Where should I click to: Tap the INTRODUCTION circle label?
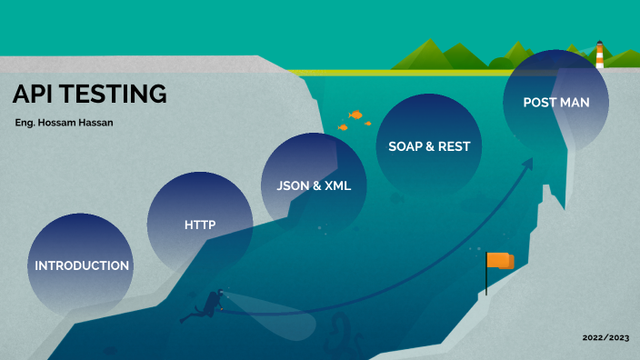coord(82,265)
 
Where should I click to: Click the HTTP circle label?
coord(199,224)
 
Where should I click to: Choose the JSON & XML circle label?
coord(314,185)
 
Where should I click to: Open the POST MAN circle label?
coord(555,102)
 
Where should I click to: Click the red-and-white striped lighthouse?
coord(599,54)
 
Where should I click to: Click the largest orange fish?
coord(356,115)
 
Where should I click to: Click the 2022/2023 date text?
coord(605,337)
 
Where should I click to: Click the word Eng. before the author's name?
coord(26,122)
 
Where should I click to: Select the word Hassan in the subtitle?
coord(101,122)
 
